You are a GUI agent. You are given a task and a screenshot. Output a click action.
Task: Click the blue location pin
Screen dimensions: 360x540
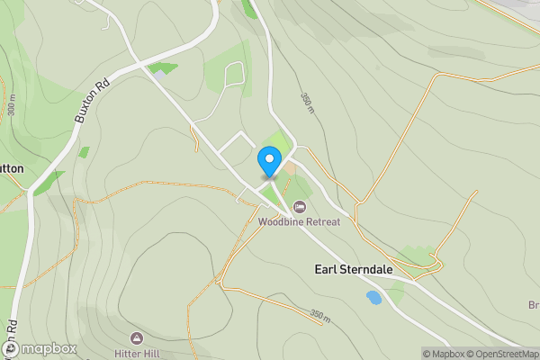click(x=268, y=161)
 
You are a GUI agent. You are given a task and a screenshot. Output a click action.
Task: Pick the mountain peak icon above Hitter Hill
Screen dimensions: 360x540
click(x=136, y=337)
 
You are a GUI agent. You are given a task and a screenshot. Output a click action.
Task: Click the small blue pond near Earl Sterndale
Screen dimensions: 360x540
click(x=373, y=296)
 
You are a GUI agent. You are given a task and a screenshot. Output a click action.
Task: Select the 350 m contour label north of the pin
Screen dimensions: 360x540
click(x=306, y=105)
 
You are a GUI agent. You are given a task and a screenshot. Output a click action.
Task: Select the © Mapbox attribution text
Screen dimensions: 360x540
click(x=443, y=354)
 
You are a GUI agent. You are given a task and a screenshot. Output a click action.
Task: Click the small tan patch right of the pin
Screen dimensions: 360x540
click(x=289, y=168)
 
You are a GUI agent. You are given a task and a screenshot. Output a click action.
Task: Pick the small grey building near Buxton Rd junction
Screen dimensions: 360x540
click(x=158, y=76)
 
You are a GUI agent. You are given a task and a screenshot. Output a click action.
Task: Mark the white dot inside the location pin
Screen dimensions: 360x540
click(x=268, y=157)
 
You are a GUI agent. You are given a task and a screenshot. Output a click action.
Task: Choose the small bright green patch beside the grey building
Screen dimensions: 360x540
click(x=165, y=67)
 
